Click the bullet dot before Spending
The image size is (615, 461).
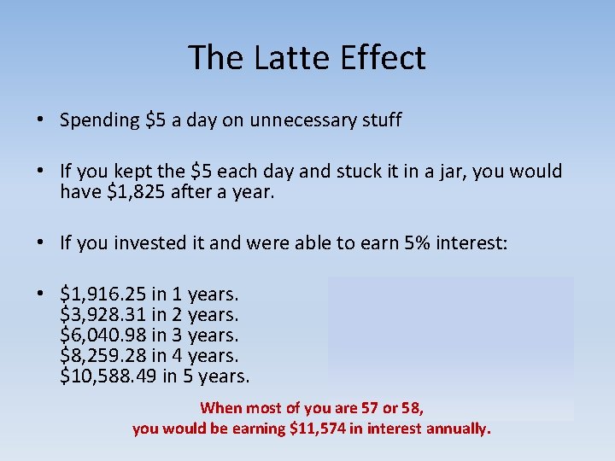click(x=40, y=120)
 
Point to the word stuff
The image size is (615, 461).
click(x=380, y=120)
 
